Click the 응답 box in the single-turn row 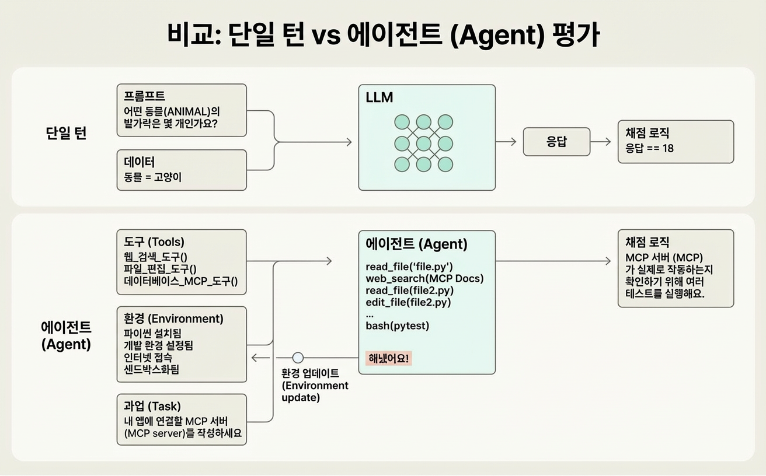tap(556, 142)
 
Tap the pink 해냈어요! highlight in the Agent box tap(388, 358)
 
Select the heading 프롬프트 tap(145, 96)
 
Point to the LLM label tap(378, 98)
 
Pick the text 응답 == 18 tap(649, 148)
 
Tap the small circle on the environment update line tap(298, 358)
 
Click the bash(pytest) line tap(397, 325)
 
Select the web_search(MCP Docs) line tap(424, 278)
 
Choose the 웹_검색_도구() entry tap(159, 256)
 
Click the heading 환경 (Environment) tap(173, 318)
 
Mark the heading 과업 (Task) tap(152, 406)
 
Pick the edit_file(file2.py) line tap(408, 302)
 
